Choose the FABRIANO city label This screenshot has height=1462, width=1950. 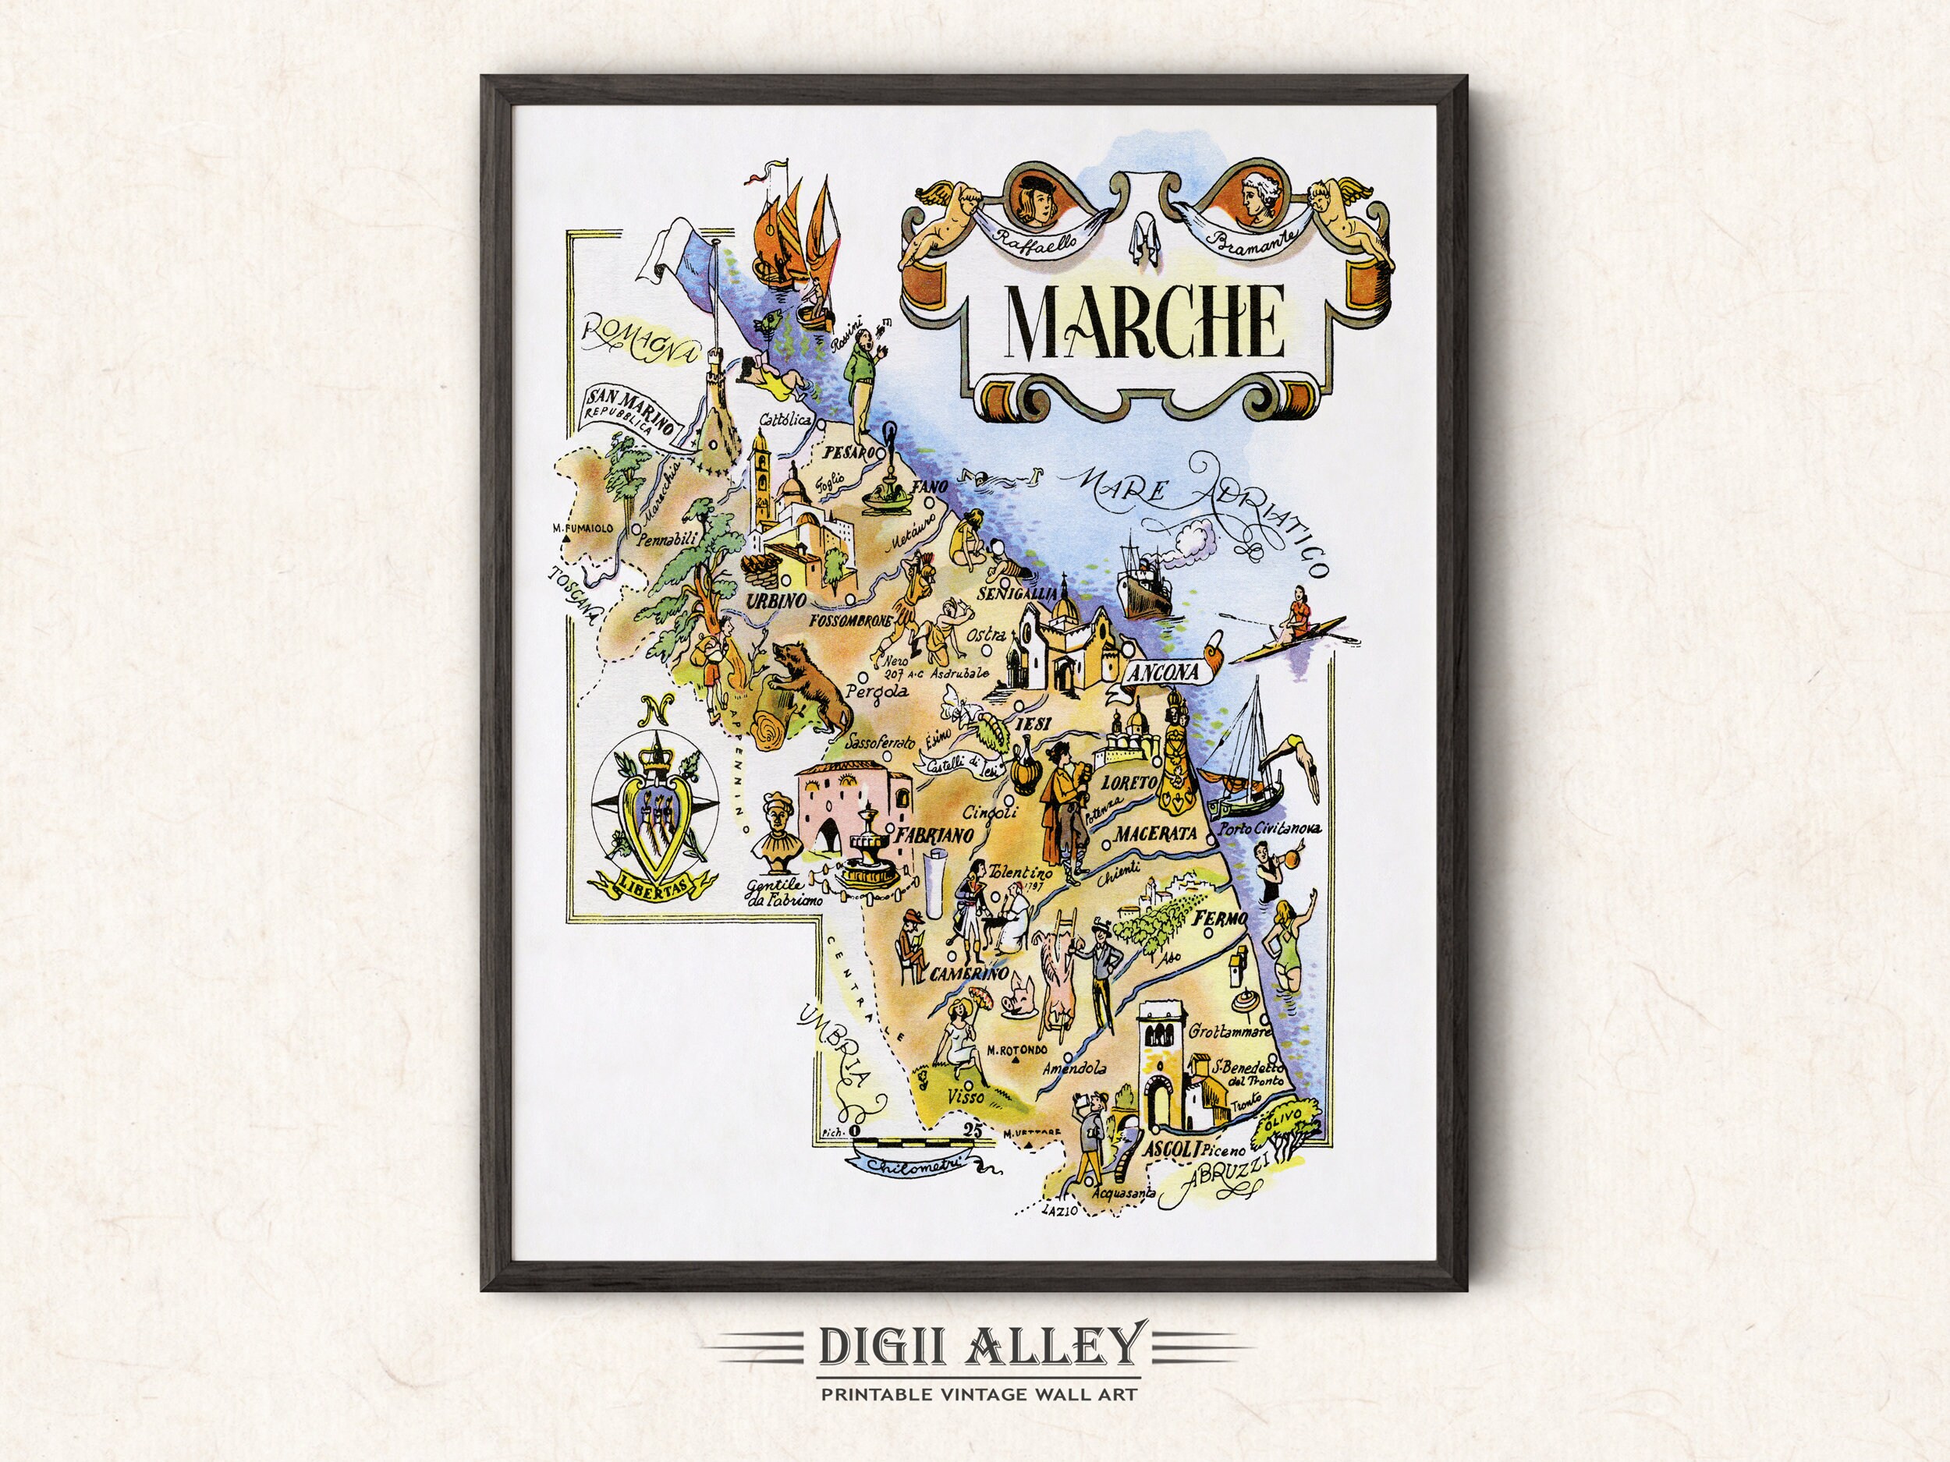coord(934,832)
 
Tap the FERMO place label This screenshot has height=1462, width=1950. coord(1221,920)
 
